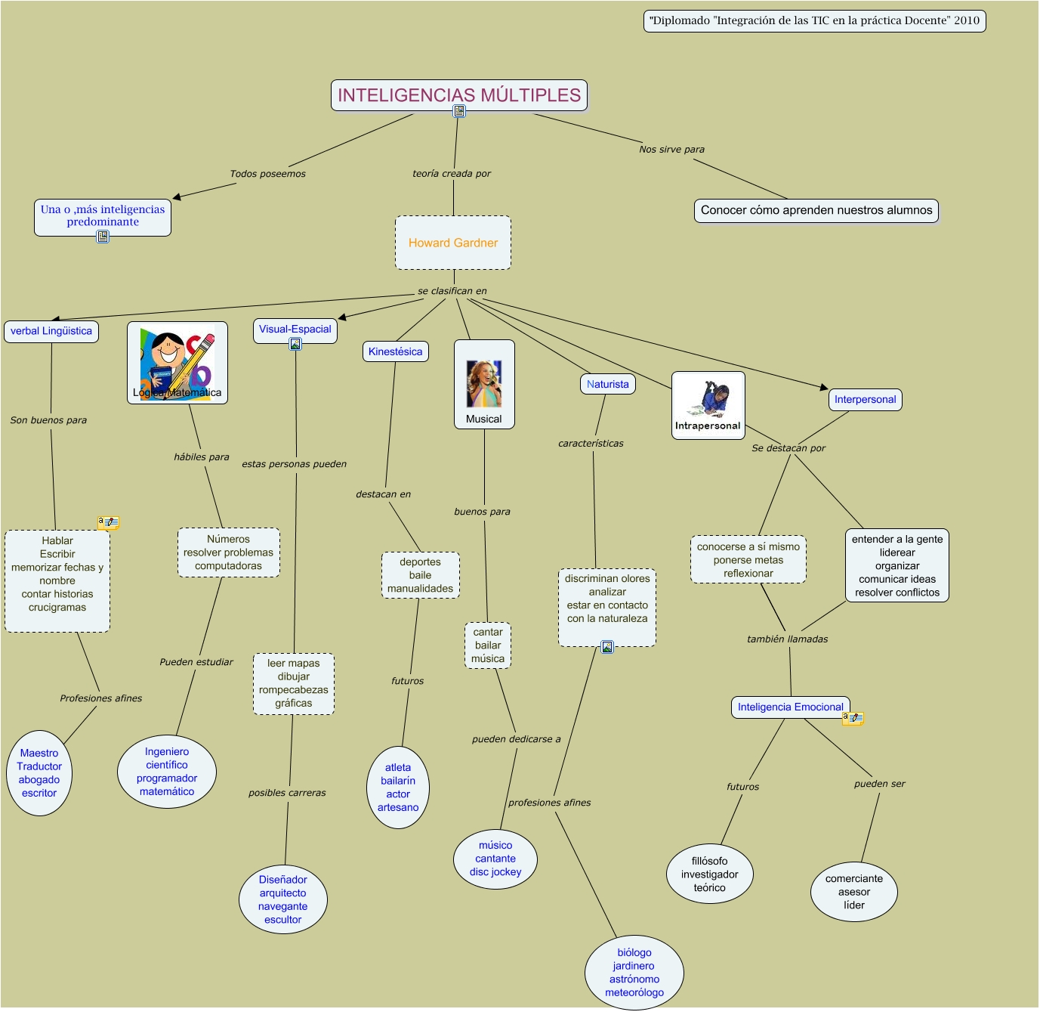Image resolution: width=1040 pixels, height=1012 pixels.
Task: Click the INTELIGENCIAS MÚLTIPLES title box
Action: tap(459, 95)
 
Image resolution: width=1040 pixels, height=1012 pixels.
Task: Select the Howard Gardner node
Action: tap(453, 243)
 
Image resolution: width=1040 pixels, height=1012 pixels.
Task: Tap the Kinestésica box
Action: tap(396, 351)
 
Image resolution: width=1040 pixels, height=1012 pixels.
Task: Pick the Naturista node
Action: tap(608, 384)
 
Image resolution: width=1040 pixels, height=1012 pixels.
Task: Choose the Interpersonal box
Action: tap(866, 400)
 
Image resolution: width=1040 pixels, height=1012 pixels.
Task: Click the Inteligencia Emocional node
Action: tap(791, 707)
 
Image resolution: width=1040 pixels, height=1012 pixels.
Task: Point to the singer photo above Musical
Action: tap(484, 383)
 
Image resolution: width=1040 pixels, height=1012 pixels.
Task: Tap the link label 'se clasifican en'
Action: tap(452, 291)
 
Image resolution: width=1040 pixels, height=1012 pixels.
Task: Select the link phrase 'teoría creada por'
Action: tap(452, 173)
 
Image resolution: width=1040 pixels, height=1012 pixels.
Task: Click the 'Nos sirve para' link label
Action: tap(671, 149)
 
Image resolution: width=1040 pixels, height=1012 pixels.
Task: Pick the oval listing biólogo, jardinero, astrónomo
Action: tap(634, 973)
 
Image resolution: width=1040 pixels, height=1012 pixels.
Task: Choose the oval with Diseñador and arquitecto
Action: tap(282, 899)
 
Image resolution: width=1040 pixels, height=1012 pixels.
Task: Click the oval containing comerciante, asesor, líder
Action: tap(854, 892)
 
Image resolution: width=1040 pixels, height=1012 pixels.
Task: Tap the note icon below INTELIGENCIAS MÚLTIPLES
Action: tap(459, 111)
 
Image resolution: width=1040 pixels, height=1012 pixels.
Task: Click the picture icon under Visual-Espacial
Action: tap(295, 345)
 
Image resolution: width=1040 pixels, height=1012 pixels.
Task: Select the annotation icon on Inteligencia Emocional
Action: tap(853, 718)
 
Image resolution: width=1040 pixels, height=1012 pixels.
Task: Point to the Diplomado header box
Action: tap(814, 21)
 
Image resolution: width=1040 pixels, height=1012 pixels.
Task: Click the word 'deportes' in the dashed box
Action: tap(420, 562)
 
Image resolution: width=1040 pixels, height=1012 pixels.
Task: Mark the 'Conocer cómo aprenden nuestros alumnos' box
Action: tap(816, 210)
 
